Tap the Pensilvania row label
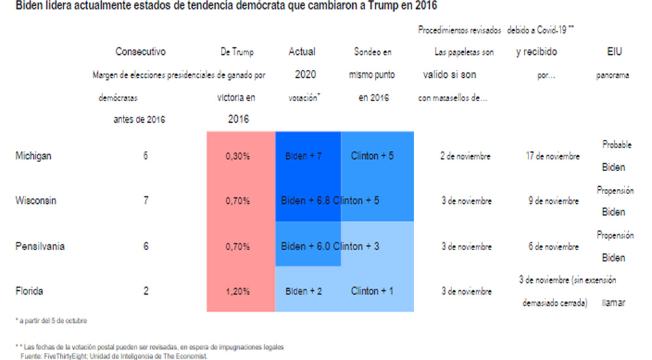40,246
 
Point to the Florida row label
30,291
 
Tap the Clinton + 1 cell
372,291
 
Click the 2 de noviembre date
465,157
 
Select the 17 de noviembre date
552,157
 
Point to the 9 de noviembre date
552,201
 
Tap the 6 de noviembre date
552,247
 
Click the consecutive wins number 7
145,201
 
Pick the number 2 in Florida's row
145,291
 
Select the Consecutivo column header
140,52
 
